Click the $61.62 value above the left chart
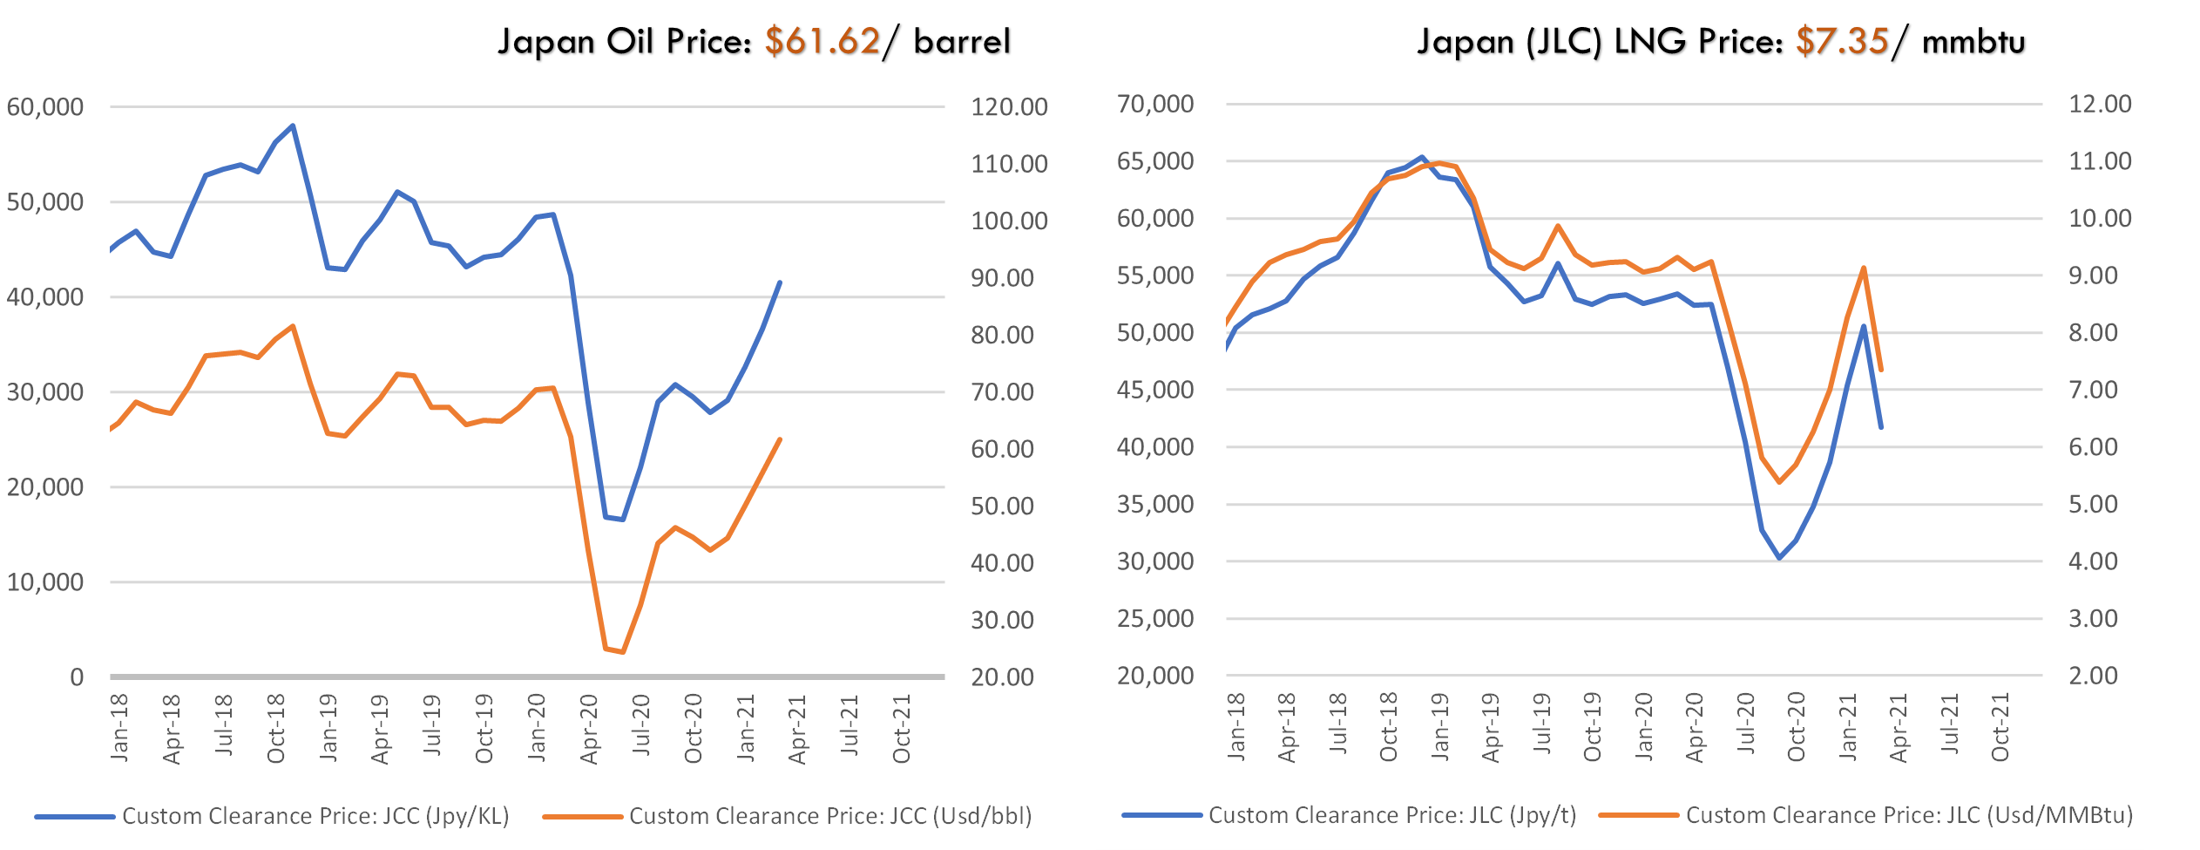(x=822, y=41)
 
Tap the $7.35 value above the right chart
(x=1842, y=41)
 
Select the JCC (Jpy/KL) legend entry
(x=315, y=816)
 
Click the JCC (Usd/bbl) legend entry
(x=829, y=816)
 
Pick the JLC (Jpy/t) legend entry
(x=1391, y=815)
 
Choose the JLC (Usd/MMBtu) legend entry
(x=1908, y=815)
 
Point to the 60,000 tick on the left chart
(x=45, y=107)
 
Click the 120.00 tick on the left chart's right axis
(x=1009, y=107)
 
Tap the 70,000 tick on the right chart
(x=1155, y=104)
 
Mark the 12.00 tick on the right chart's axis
(x=2100, y=104)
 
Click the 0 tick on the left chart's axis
(x=77, y=677)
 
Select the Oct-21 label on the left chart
(x=902, y=729)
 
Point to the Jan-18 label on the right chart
(x=1236, y=727)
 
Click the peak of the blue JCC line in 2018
(x=293, y=126)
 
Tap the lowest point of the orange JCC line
(x=621, y=651)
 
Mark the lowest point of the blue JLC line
(x=1779, y=558)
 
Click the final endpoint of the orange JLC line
(x=1881, y=371)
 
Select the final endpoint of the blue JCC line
(x=779, y=282)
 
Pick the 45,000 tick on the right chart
(x=1155, y=390)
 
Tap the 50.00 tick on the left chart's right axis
(x=1002, y=507)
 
